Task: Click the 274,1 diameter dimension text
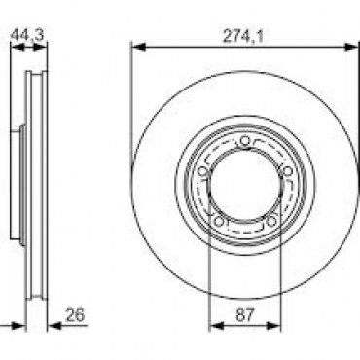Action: [242, 36]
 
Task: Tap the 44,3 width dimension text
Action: [27, 35]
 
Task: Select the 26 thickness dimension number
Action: [75, 314]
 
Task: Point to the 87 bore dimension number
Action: [245, 314]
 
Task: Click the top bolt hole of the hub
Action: [245, 141]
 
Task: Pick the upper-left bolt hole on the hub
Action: [203, 171]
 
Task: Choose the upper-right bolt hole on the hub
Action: [287, 171]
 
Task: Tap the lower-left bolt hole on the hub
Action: [219, 222]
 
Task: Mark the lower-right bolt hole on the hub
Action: [271, 222]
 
